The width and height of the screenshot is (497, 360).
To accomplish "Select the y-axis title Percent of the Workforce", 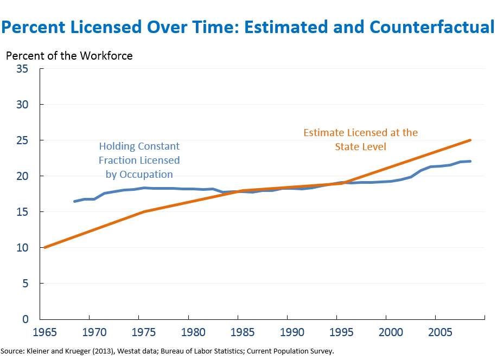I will [x=69, y=56].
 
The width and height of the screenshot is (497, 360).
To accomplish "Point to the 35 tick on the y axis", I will [x=22, y=69].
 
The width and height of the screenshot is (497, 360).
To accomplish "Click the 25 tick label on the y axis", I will [x=22, y=140].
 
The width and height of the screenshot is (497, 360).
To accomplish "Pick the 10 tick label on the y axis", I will [x=22, y=248].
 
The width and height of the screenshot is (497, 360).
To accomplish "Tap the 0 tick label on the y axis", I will [x=26, y=319].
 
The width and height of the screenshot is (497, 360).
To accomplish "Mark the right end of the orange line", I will [x=470, y=140].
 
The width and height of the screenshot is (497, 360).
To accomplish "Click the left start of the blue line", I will [x=75, y=201].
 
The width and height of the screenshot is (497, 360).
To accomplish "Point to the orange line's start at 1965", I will [x=44, y=247].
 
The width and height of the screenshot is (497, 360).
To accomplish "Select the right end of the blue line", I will [x=470, y=161].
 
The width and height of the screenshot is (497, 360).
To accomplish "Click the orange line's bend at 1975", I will [x=144, y=211].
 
